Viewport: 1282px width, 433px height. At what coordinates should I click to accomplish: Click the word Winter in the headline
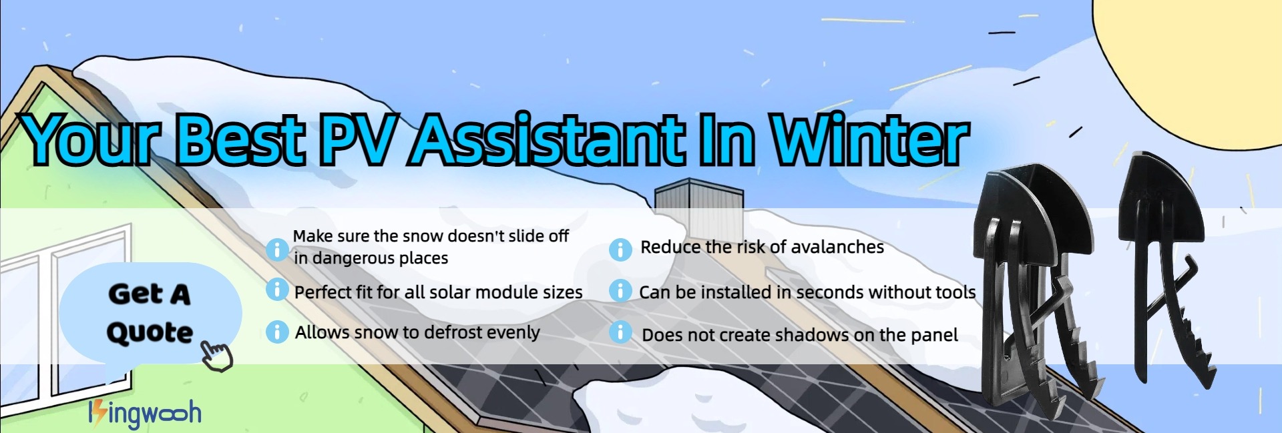[x=870, y=140]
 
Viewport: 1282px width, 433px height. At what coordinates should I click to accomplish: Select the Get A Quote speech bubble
[x=150, y=314]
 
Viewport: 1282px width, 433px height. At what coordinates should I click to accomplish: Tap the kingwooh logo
[x=145, y=414]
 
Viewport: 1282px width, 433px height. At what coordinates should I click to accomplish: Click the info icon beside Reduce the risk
[x=620, y=250]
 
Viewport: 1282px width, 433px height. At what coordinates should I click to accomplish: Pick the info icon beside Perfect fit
[x=277, y=290]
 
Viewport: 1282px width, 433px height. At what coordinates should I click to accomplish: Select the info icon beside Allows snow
[x=277, y=332]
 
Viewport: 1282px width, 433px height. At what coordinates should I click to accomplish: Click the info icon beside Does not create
[x=620, y=332]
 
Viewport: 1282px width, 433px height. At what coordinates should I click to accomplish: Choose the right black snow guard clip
[x=1172, y=267]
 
